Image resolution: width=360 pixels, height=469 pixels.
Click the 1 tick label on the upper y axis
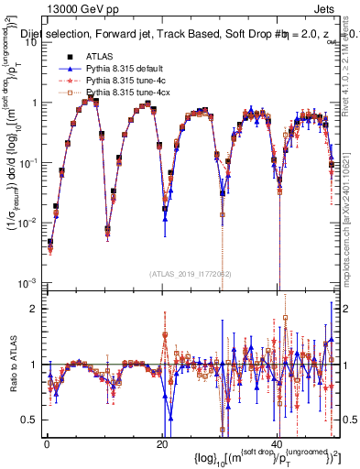tap(35, 103)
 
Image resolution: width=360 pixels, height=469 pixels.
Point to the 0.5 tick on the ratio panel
tap(30, 420)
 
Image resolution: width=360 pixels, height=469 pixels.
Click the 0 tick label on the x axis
tap(47, 443)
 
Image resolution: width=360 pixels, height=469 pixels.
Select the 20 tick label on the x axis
tap(161, 443)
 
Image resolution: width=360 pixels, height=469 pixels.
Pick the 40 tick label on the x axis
tap(276, 443)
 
